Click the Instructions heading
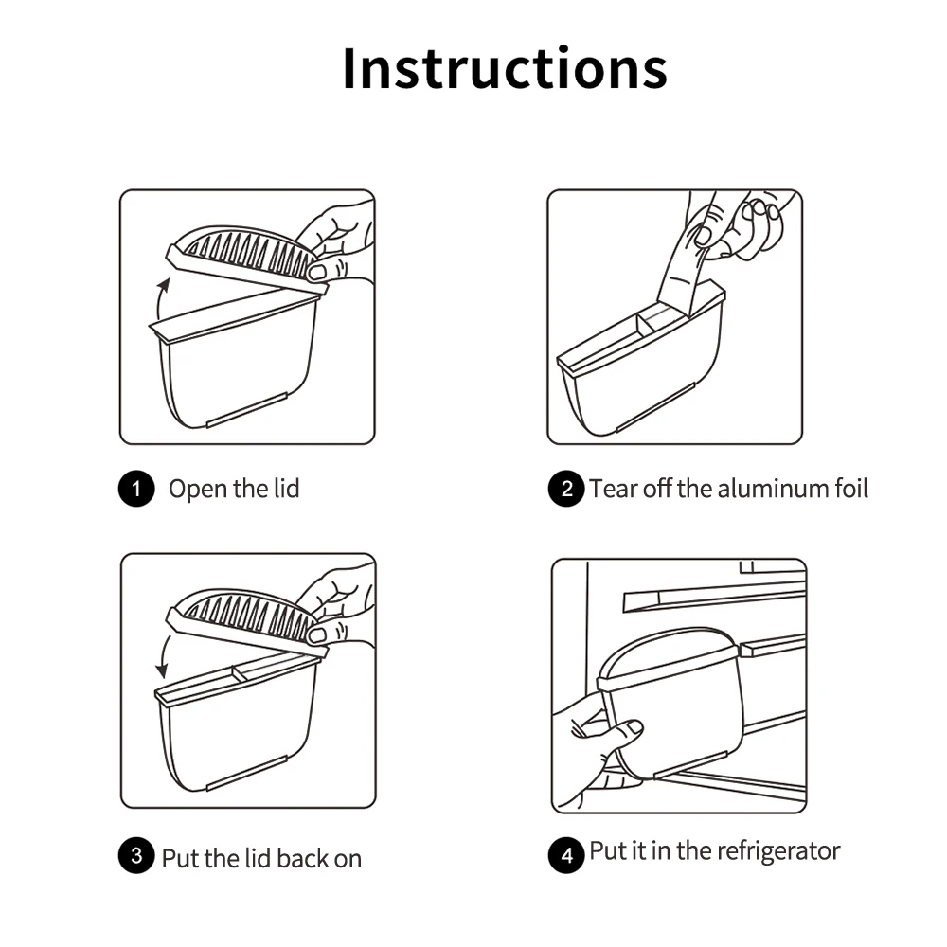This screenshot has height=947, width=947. (x=505, y=67)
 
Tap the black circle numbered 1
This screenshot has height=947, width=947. (x=136, y=488)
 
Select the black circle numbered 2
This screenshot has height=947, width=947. (x=566, y=488)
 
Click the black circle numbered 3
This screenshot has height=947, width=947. (x=136, y=855)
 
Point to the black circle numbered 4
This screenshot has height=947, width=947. (x=566, y=855)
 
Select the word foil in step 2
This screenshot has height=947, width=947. (x=851, y=488)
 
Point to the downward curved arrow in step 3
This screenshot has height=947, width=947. (x=162, y=656)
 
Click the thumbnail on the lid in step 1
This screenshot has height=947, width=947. (x=316, y=273)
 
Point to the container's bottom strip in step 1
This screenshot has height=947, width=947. (x=246, y=410)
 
